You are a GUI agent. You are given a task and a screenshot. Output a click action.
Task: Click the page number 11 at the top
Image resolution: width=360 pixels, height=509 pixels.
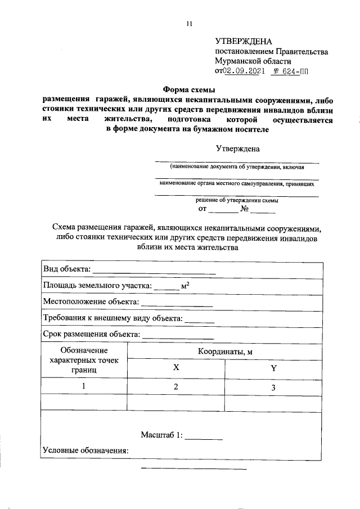click(x=189, y=24)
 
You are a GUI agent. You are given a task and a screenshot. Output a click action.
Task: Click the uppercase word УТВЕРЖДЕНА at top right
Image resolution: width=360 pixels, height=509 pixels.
click(x=243, y=42)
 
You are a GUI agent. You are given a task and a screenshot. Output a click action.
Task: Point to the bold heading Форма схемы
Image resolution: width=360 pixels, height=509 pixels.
click(x=190, y=88)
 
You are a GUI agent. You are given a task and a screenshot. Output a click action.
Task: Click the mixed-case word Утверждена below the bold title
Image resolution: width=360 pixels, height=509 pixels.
click(x=238, y=149)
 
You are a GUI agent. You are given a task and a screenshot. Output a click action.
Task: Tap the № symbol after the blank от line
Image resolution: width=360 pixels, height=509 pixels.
click(x=245, y=210)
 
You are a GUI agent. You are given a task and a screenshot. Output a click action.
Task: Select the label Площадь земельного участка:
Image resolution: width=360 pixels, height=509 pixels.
click(x=97, y=286)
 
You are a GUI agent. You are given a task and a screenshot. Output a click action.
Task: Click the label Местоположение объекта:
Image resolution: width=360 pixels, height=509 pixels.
click(x=91, y=303)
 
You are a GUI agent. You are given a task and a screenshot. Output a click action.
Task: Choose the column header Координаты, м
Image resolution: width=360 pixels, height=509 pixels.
click(x=225, y=352)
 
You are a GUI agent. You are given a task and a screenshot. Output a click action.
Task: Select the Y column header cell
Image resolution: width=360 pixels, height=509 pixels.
click(x=274, y=368)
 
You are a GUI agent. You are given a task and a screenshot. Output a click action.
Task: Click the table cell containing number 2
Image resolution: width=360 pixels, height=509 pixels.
click(x=175, y=386)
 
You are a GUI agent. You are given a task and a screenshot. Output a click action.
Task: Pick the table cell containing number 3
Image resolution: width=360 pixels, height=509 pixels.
click(x=274, y=388)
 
